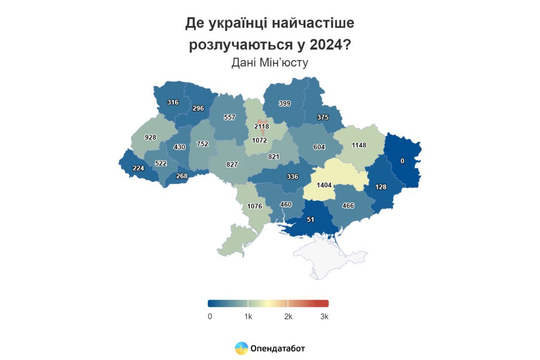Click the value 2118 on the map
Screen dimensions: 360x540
tap(261, 127)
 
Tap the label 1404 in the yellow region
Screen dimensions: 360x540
tap(324, 185)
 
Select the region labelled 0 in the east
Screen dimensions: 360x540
tap(402, 161)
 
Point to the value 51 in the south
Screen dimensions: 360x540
tap(310, 220)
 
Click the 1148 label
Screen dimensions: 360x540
tap(359, 145)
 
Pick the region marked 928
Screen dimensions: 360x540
tap(151, 137)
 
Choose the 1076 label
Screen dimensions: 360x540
tap(254, 207)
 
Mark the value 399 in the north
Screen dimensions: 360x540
tap(284, 103)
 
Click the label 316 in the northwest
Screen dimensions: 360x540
tap(172, 102)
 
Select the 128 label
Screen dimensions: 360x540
tap(381, 187)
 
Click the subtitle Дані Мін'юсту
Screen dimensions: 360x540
tap(270, 63)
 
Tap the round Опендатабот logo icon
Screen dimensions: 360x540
tap(242, 348)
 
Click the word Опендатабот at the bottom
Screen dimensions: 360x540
tap(278, 348)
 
